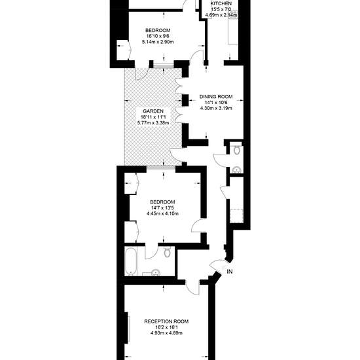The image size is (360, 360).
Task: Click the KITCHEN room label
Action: point(221,3)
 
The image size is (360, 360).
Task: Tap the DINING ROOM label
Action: point(216,97)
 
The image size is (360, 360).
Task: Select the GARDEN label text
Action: point(153,111)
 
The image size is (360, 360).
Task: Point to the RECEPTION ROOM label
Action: point(166,321)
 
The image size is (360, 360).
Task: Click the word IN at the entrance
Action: point(230,272)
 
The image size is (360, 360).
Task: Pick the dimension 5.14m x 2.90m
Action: point(158,42)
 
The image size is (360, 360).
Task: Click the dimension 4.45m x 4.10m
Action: point(162,214)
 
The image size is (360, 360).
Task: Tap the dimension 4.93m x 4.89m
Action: point(166,333)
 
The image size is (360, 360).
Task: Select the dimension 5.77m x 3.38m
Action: point(153,123)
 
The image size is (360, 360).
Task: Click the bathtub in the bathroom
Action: point(131,262)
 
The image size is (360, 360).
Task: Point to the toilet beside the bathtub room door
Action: point(168,252)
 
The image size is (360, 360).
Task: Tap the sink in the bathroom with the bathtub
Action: point(156,272)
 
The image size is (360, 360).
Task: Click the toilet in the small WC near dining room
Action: point(236,150)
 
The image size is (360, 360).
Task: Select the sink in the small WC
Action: point(236,170)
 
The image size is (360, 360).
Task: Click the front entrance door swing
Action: point(217,266)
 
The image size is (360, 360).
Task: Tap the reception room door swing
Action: point(192,287)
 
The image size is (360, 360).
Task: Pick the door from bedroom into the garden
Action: point(141,74)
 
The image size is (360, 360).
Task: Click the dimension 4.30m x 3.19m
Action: point(216,109)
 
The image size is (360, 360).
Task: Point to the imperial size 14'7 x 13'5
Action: point(162,208)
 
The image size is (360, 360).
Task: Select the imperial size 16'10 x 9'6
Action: point(158,36)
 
